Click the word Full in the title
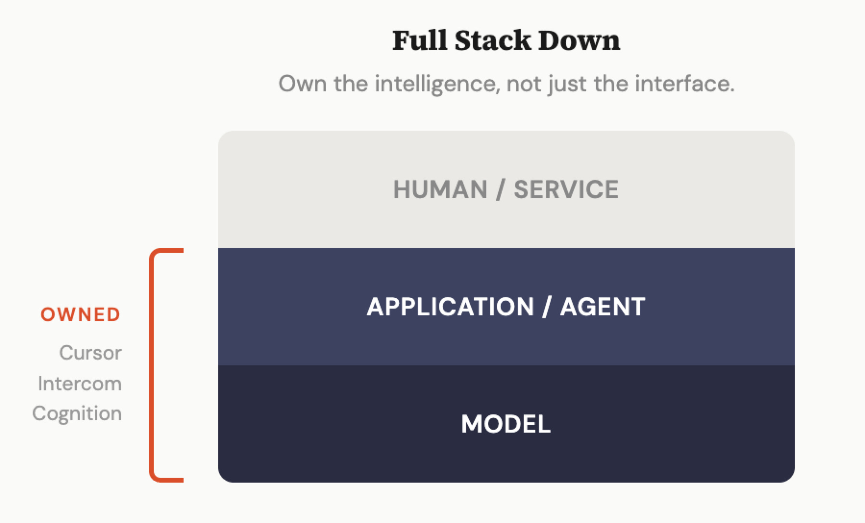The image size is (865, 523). click(x=420, y=40)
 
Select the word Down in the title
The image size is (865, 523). click(x=579, y=40)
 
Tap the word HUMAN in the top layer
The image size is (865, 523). click(x=440, y=189)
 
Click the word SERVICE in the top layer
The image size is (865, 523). click(x=566, y=189)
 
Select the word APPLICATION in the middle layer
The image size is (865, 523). click(x=450, y=307)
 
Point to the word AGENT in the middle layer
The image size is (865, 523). click(x=603, y=307)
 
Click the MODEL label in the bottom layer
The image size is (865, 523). click(x=506, y=424)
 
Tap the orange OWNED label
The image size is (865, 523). click(x=81, y=315)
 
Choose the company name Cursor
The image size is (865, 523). click(x=90, y=353)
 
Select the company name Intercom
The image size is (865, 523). click(x=80, y=384)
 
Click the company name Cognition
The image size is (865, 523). click(x=77, y=413)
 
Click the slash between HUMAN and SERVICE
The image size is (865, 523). click(x=501, y=189)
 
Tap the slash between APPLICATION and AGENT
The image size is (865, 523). click(x=546, y=307)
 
